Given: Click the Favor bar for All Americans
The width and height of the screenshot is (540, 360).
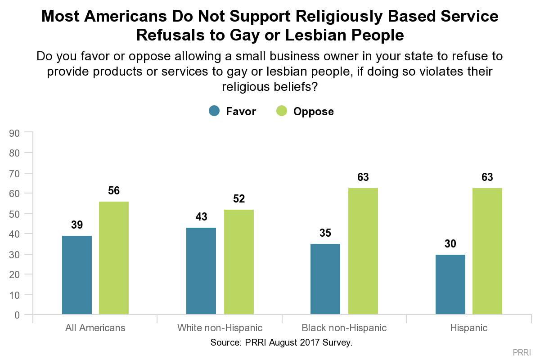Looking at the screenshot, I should pos(77,275).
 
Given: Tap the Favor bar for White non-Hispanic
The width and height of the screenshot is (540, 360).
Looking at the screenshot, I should pos(201,271).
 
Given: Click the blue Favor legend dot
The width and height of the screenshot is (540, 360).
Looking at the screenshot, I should pos(214,111).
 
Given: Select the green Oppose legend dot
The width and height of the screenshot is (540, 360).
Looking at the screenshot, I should pos(282,111).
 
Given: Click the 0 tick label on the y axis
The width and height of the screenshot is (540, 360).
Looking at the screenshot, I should pos(17,315).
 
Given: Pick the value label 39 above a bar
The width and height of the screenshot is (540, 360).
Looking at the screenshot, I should pos(77,225).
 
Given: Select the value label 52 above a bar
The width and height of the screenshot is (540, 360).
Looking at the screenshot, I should pos(239,199).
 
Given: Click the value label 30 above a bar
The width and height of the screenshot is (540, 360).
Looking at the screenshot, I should pos(450,244).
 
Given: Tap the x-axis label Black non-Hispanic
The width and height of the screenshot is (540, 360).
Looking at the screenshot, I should pos(344,328).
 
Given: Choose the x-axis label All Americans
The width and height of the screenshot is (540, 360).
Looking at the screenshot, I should pos(95,328).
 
